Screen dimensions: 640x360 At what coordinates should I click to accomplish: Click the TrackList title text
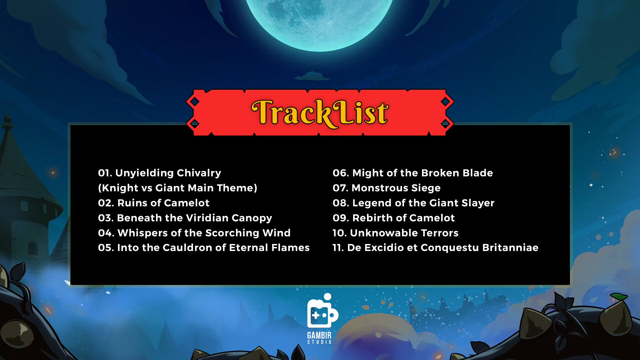pos(320,113)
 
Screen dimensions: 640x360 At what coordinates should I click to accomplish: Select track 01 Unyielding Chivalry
pos(159,173)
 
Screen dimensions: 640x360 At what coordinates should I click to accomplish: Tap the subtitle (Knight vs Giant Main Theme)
pos(178,188)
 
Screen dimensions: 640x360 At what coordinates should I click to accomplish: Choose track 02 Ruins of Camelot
pos(154,203)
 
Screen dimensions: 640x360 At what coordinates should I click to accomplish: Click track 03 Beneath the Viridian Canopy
pos(185,218)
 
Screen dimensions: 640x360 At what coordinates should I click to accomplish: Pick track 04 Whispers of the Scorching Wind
pos(194,233)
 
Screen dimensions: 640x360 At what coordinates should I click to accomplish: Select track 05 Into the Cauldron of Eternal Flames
pos(204,248)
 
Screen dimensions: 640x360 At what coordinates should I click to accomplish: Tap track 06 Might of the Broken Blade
pos(413,173)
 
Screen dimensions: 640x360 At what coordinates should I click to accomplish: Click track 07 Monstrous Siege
pos(387,188)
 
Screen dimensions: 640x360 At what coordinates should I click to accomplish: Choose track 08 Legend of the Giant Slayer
pos(413,203)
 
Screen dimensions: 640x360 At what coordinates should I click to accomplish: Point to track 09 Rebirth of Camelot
pos(394,218)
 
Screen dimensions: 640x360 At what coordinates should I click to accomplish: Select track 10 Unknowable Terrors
pos(396,233)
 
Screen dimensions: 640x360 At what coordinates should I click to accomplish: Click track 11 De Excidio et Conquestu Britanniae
pos(435,248)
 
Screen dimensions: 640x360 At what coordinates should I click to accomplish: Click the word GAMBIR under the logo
pos(319,335)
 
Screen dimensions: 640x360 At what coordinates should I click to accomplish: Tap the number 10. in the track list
pos(340,233)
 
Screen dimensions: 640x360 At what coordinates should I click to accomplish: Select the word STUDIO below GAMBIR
pos(319,342)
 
